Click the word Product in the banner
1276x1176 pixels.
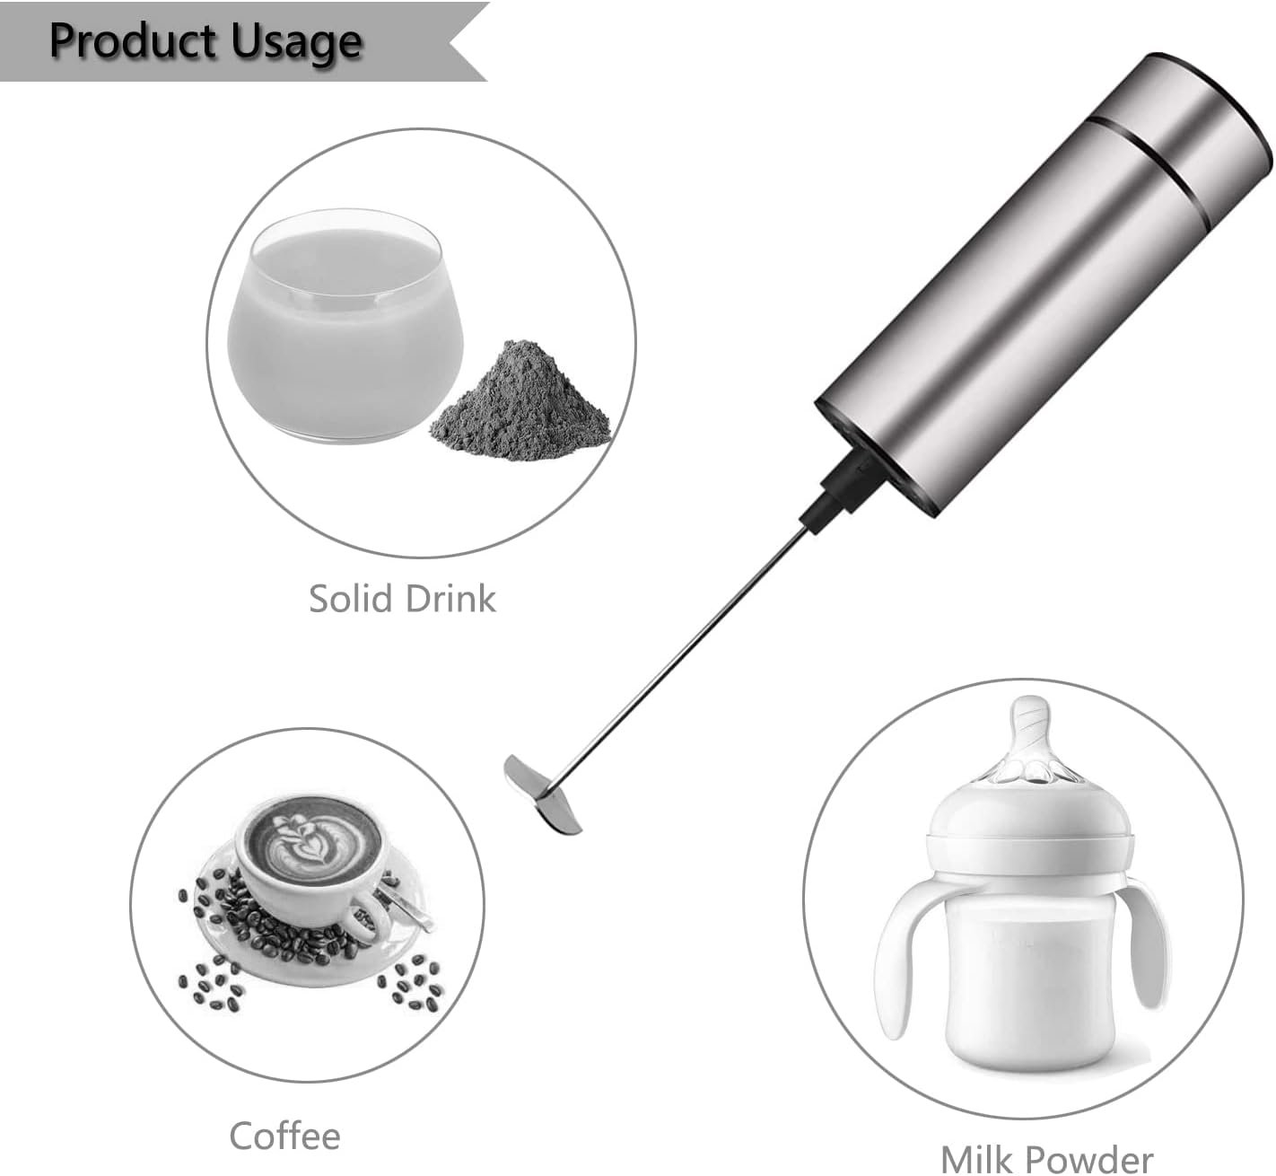coord(135,40)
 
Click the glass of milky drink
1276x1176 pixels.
coord(345,325)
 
